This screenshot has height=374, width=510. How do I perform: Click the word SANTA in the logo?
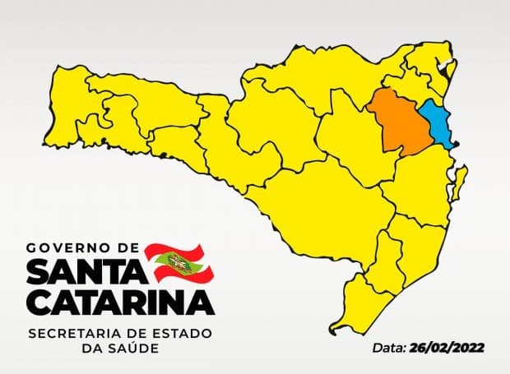(83, 270)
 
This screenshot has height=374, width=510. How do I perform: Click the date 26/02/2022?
(450, 348)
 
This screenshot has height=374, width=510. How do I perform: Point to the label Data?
(386, 348)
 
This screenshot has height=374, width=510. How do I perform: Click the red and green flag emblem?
(178, 261)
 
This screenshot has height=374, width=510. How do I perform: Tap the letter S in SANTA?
(39, 270)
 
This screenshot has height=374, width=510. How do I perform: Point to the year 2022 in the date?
(468, 348)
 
